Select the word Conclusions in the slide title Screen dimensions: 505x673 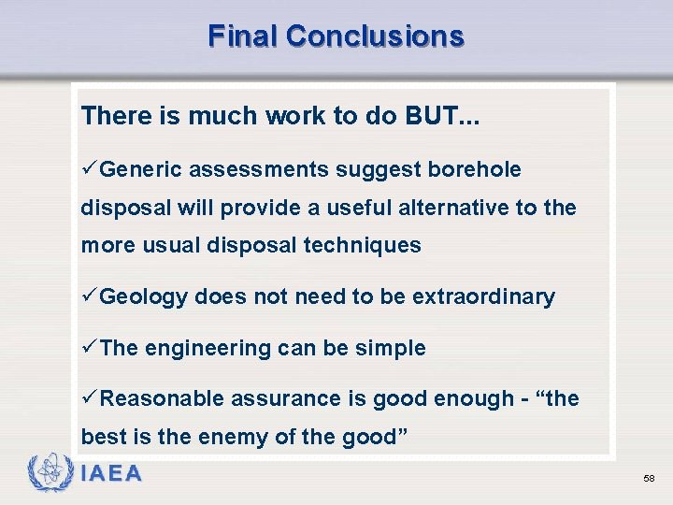tap(375, 36)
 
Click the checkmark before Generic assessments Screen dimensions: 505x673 tap(89, 169)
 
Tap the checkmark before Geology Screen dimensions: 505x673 tap(89, 296)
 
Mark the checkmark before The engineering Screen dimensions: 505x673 tap(89, 348)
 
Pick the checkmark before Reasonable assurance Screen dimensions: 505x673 tap(89, 398)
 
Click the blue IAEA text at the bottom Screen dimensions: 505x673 tap(111, 474)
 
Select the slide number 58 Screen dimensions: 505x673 tap(649, 479)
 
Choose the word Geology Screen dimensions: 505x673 tap(144, 297)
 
